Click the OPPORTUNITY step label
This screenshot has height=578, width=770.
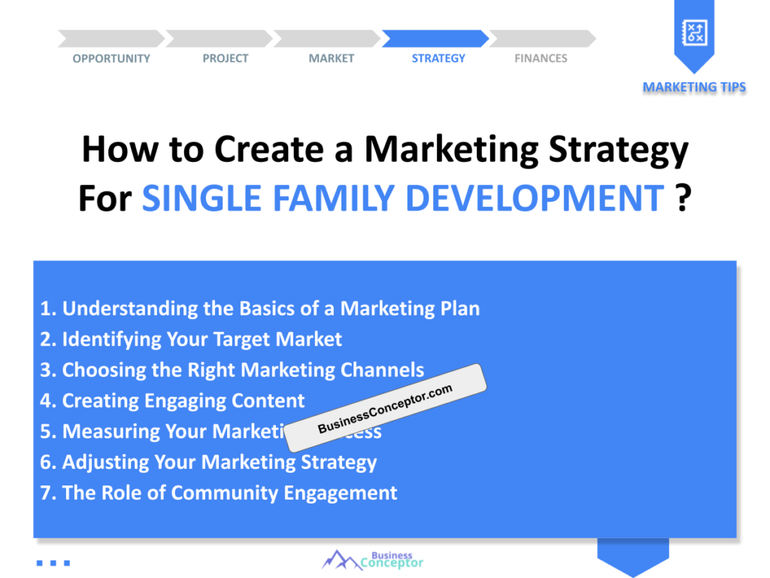coord(111,59)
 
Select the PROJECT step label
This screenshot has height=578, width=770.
coord(225,59)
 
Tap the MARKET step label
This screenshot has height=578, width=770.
coord(331,59)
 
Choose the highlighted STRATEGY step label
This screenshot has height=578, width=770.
coord(438,59)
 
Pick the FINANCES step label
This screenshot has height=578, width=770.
coord(541,59)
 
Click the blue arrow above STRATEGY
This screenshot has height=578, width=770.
coord(435,38)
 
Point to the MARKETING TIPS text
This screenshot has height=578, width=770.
coord(694,87)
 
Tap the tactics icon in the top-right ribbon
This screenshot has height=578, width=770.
coord(693,32)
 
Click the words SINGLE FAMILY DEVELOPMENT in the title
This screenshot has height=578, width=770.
coord(402,198)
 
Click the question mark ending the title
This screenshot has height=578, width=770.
coord(682,198)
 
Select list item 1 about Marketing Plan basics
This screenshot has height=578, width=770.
coord(260,309)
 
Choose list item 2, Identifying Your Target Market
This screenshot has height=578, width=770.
coord(191,339)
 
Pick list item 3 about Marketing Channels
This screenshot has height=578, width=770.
coord(232,370)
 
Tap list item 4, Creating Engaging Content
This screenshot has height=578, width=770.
coord(172,401)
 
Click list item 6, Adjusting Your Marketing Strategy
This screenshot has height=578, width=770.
coord(208,462)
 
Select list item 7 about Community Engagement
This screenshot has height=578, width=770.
coord(219,493)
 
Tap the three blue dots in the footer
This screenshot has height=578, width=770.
coord(53,562)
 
